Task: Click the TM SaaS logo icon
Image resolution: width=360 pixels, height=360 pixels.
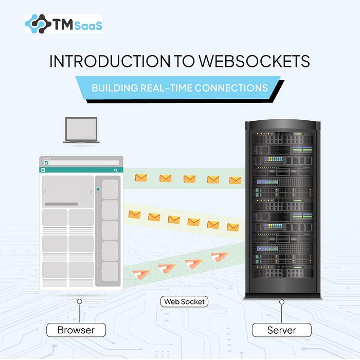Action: [x=37, y=24]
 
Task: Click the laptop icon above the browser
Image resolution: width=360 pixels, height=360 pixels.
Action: [x=81, y=130]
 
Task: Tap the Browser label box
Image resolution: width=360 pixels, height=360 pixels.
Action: [x=77, y=330]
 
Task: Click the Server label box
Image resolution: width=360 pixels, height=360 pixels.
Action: [x=281, y=330]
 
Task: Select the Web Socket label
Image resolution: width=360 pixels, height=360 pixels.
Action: [x=184, y=302]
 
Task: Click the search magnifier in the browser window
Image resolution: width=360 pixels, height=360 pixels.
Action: [x=116, y=170]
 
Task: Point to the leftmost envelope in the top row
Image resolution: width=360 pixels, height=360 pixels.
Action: [x=141, y=177]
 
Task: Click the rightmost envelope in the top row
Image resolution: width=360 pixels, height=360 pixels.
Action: [x=235, y=180]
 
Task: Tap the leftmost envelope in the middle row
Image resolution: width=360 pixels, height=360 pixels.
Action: [x=135, y=214]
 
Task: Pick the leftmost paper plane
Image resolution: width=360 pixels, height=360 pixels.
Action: [x=141, y=274]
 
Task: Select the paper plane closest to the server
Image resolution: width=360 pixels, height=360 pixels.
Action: [x=220, y=256]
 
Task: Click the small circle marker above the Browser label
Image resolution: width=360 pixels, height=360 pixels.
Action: [x=79, y=302]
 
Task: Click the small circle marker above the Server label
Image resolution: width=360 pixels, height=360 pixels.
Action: [x=281, y=302]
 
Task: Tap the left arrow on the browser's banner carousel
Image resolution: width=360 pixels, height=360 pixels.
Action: [x=45, y=192]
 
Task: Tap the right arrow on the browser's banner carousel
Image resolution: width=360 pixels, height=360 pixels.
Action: [x=91, y=192]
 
